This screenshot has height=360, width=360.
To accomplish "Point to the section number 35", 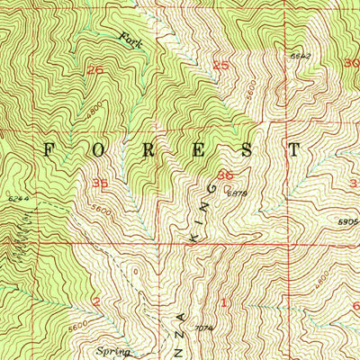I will pos(100,183).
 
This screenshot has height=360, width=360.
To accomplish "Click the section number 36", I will pos(224,176).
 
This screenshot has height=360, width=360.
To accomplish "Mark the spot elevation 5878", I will pos(237,193).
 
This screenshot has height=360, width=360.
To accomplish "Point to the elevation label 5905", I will pos(348,220).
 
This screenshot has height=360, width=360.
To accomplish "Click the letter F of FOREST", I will pos(49,148).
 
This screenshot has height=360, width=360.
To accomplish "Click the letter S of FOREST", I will pos(246,148).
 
